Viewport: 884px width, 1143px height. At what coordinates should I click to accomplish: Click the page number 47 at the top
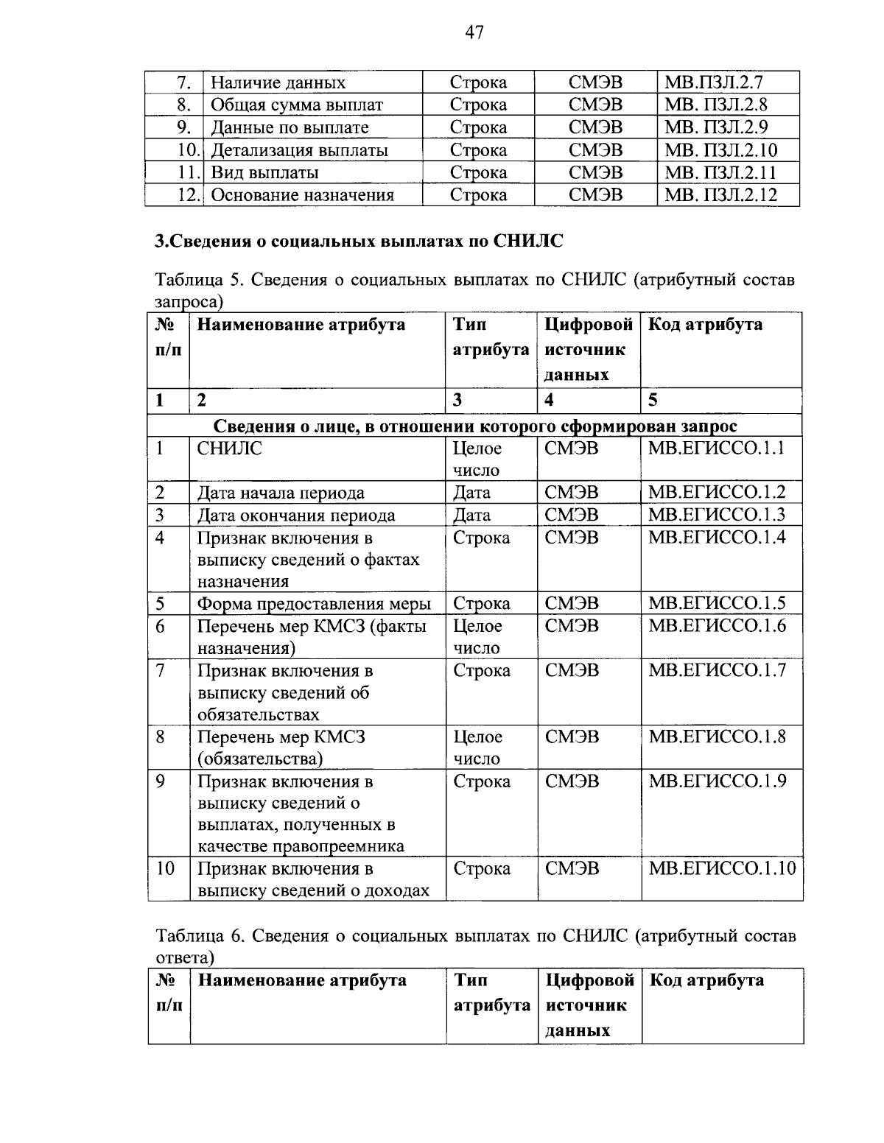(474, 32)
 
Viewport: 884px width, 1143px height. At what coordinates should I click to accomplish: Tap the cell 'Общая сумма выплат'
(297, 105)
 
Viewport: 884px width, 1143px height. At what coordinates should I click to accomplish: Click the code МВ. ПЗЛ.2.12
(720, 195)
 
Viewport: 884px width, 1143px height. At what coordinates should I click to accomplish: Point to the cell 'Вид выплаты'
(265, 173)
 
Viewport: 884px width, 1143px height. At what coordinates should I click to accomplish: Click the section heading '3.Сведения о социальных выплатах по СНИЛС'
(359, 242)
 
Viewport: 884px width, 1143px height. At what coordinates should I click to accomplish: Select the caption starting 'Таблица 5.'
(474, 290)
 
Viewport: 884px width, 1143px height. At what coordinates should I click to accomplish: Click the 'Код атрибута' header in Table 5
(705, 325)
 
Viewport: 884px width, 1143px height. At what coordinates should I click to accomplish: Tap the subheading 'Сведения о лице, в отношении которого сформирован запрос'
(475, 426)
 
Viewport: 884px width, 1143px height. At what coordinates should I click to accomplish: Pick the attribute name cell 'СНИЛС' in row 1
(230, 449)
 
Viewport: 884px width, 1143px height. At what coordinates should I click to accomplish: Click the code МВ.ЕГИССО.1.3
(716, 515)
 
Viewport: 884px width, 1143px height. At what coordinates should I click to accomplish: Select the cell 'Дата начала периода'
(281, 493)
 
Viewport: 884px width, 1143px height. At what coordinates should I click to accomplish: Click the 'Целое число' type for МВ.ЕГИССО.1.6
(477, 637)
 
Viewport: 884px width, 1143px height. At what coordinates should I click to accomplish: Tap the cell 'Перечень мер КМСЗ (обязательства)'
(281, 748)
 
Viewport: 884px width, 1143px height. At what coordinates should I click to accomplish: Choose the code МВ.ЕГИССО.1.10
(721, 869)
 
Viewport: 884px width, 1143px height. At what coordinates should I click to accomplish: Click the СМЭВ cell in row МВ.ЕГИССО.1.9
(572, 781)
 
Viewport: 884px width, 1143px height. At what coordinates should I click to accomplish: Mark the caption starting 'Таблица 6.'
(475, 946)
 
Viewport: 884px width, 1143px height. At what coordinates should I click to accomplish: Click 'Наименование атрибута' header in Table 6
(303, 981)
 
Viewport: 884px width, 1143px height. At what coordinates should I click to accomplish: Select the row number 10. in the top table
(189, 150)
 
